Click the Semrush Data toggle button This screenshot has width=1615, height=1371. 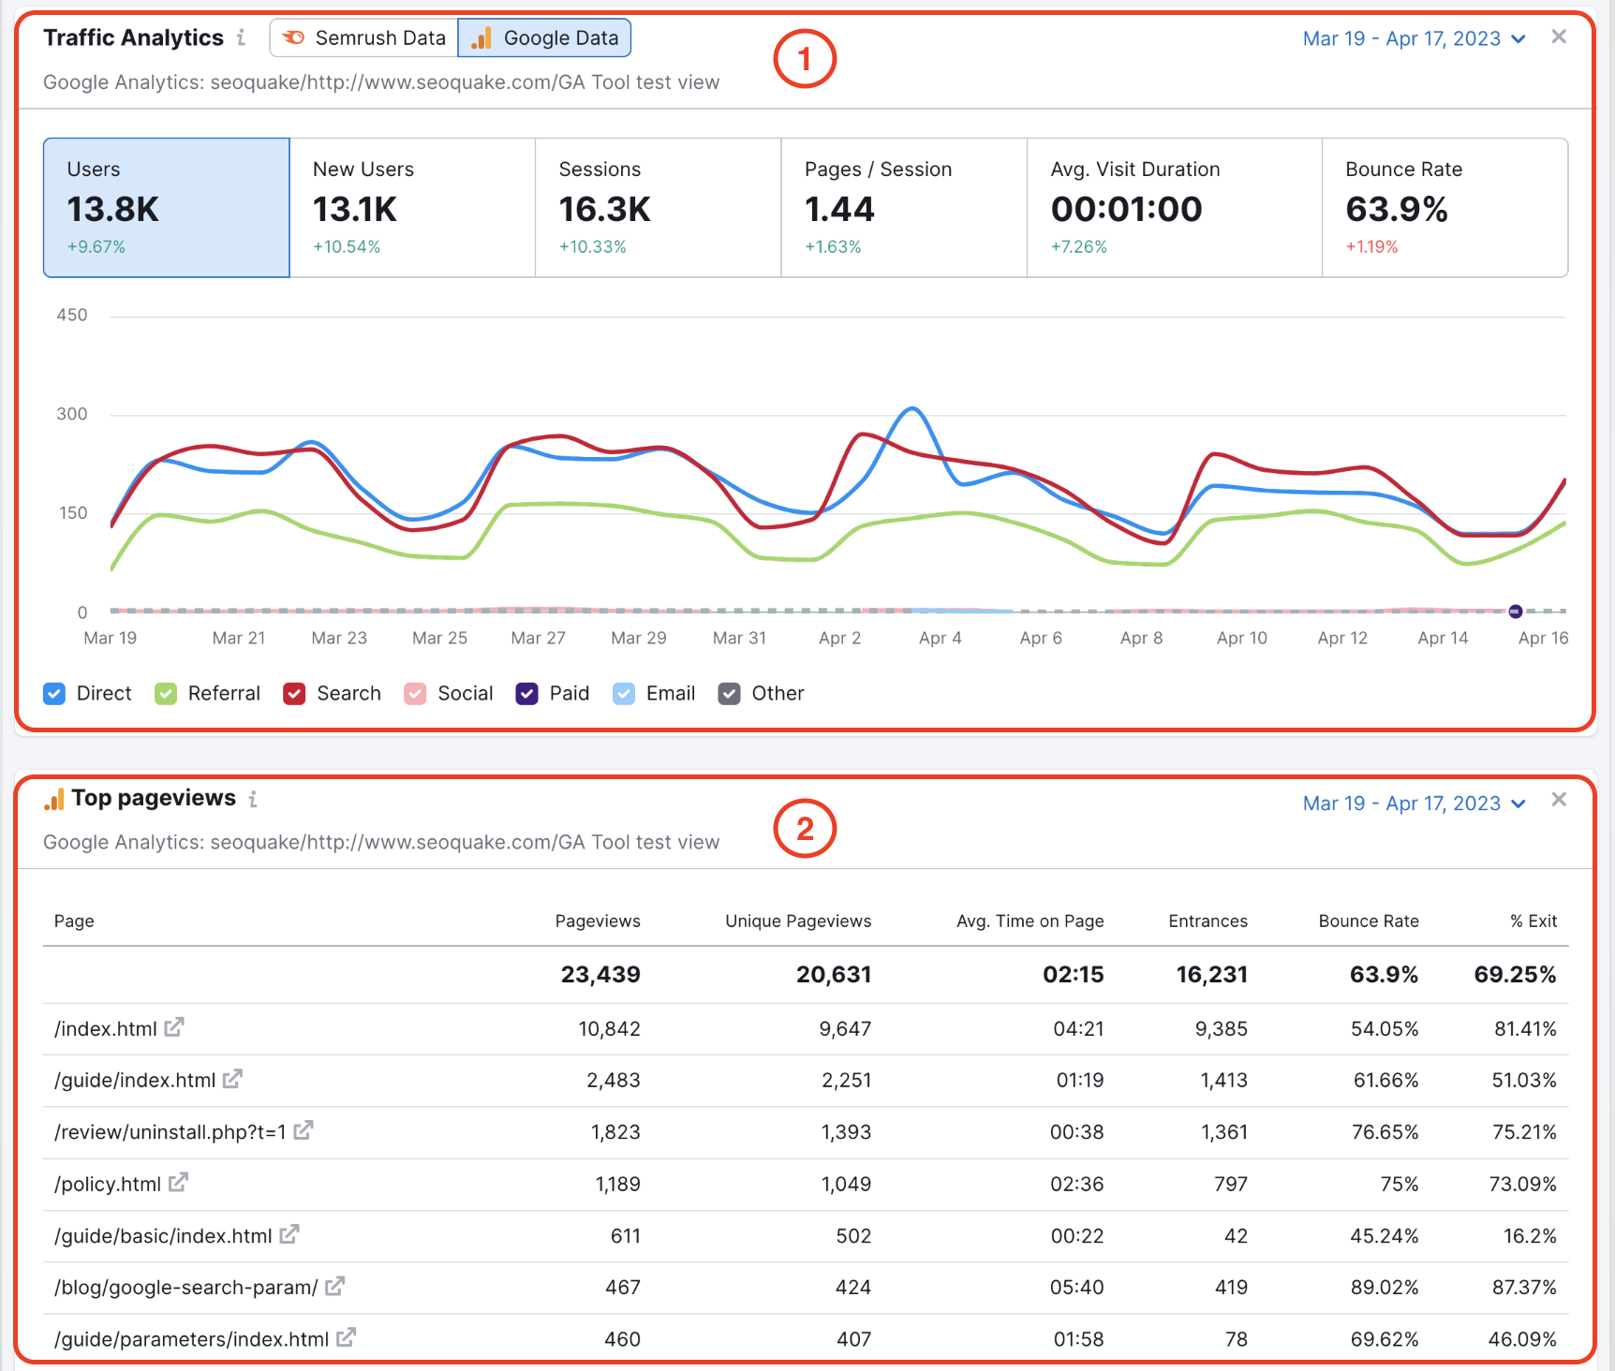pyautogui.click(x=364, y=38)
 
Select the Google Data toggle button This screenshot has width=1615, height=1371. pyautogui.click(x=544, y=38)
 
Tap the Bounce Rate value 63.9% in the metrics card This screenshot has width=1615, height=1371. pyautogui.click(x=1397, y=209)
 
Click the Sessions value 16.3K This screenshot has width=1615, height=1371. pyautogui.click(x=604, y=209)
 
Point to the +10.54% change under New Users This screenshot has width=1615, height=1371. pyautogui.click(x=347, y=247)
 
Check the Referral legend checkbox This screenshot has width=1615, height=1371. pyautogui.click(x=166, y=694)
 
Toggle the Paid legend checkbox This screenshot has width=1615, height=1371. pyautogui.click(x=527, y=694)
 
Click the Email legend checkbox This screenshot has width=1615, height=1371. pyautogui.click(x=624, y=694)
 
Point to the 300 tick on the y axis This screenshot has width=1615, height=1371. pyautogui.click(x=72, y=414)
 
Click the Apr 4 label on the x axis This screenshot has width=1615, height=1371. pyautogui.click(x=940, y=638)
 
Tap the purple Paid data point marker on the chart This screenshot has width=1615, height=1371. pyautogui.click(x=1516, y=612)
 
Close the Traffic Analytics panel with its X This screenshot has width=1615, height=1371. pyautogui.click(x=1559, y=37)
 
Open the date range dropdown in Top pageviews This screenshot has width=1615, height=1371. pyautogui.click(x=1415, y=803)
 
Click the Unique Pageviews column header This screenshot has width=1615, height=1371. pyautogui.click(x=798, y=921)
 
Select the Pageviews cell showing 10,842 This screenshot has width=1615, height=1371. pyautogui.click(x=609, y=1029)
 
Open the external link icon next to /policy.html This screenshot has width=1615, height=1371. pyautogui.click(x=178, y=1183)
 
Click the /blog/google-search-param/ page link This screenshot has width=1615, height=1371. pyautogui.click(x=186, y=1288)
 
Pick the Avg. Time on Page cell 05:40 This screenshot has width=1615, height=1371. pyautogui.click(x=1076, y=1288)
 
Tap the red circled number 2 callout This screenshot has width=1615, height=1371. pyautogui.click(x=805, y=829)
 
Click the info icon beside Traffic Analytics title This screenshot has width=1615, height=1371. pyautogui.click(x=242, y=37)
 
